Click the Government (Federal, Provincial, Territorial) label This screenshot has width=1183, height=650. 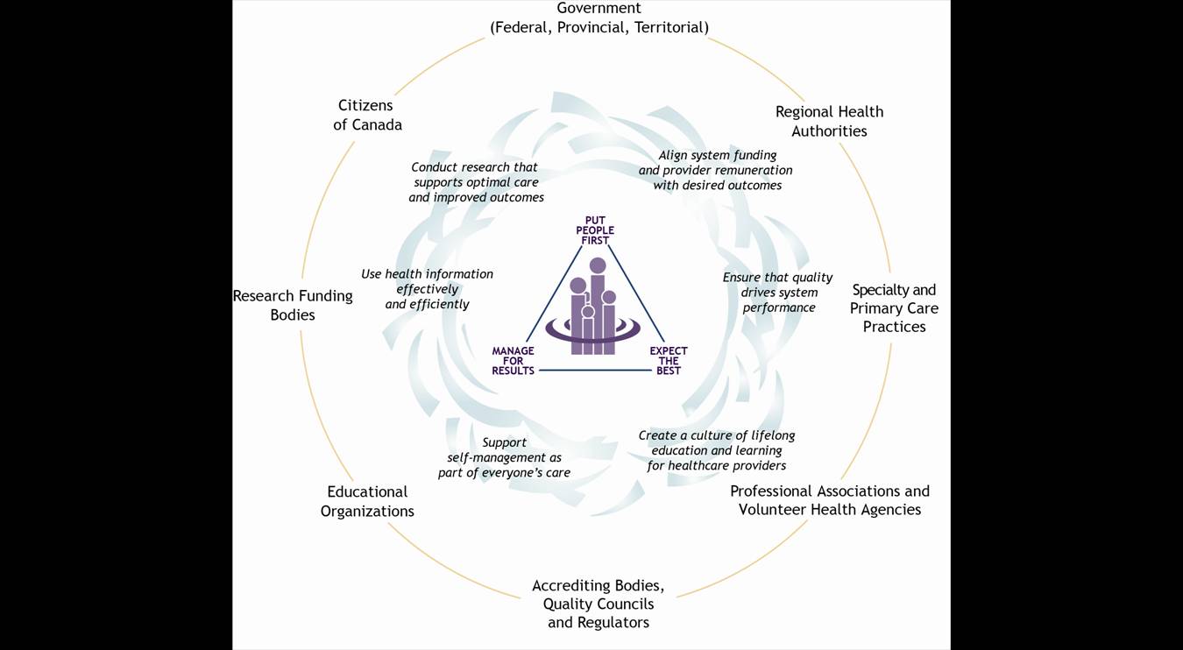coord(599,18)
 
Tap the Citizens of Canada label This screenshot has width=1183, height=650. coord(367,115)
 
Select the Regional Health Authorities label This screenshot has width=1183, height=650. coord(829,121)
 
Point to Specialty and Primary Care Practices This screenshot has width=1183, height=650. coord(894,307)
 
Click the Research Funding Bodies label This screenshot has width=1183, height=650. coord(293,305)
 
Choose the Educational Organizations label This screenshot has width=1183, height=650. coord(367,501)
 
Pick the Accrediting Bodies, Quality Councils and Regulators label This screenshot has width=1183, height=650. coord(599,604)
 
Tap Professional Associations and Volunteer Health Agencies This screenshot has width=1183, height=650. coord(829,500)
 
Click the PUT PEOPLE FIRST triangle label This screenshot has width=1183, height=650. coord(595,230)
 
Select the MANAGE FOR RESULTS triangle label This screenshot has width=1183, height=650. coord(513,361)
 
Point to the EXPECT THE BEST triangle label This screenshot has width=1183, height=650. coord(669,361)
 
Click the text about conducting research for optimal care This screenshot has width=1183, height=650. coord(476,182)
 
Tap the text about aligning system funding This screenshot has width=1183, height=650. coord(716,170)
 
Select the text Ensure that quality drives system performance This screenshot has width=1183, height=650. coord(778,292)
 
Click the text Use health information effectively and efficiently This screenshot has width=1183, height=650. coord(427,289)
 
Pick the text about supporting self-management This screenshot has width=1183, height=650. coord(504,457)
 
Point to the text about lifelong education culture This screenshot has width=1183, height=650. coord(717,450)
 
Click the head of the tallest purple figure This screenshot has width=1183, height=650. coord(598,265)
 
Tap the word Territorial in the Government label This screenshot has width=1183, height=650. coord(670,27)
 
